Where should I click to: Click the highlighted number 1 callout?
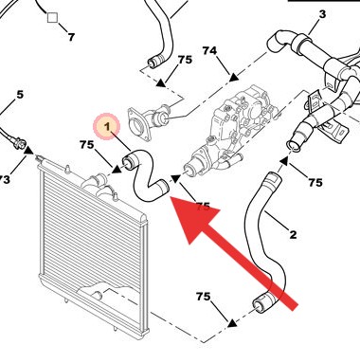107,126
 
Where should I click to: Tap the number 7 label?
71,37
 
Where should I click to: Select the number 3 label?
322,14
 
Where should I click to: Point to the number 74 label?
209,50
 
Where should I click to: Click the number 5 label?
20,94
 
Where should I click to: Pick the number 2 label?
293,235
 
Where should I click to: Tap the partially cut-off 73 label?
5,180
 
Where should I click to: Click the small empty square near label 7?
53,18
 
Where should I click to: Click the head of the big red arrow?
191,218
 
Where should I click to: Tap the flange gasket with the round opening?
138,124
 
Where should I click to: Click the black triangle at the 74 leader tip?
233,77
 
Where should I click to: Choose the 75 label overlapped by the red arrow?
203,207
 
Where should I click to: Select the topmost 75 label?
185,60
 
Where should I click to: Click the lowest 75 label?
203,297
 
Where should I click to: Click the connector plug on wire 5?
19,143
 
